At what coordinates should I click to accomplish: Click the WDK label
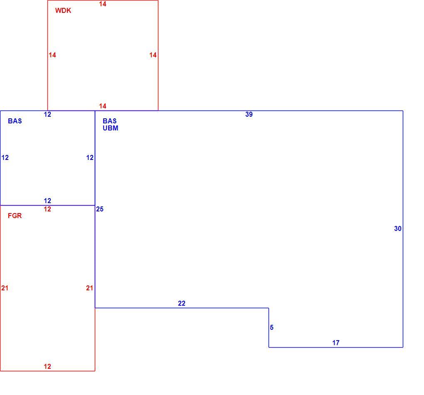coord(63,10)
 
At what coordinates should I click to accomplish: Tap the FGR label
coord(15,216)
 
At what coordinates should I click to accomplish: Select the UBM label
coord(110,128)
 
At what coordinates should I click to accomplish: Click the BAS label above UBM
coord(109,121)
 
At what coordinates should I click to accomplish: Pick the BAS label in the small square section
coord(15,121)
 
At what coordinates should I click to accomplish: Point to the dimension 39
coord(249,114)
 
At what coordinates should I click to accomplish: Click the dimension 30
coord(397,228)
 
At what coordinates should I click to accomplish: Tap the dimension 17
coord(335,343)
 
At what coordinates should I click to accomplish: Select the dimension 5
coord(271,327)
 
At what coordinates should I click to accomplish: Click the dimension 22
coord(181,303)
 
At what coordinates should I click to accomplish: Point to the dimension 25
coord(99,209)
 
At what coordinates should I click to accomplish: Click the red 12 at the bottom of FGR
coord(47,366)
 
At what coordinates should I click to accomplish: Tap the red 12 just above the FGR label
coord(47,209)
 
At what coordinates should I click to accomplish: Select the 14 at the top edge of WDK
coord(103,4)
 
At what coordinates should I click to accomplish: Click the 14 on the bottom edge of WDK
coord(103,106)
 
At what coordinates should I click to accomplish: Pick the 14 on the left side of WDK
coord(52,55)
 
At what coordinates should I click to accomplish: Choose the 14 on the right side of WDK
coord(153,55)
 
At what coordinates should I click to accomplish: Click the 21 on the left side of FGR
coord(5,288)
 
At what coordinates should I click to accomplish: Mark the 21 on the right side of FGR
coord(89,288)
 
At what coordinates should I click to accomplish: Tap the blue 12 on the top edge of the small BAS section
coord(47,114)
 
